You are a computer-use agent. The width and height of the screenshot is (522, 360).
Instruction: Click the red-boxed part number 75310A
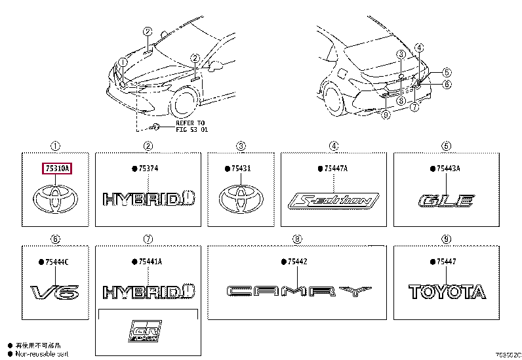pos(56,169)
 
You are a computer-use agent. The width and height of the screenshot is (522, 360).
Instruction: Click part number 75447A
pos(335,169)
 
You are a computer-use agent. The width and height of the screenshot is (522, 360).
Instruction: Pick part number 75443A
pos(449,169)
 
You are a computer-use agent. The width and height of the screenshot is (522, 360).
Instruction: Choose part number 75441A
pos(150,262)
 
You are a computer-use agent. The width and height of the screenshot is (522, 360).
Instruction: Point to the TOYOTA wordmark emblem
pos(447,292)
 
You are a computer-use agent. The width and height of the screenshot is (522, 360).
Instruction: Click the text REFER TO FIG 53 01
pos(190,126)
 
